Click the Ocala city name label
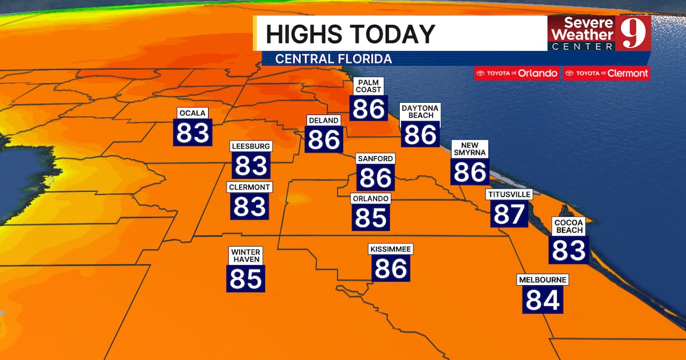[192, 113]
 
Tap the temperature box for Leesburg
[251, 166]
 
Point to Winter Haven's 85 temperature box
[246, 278]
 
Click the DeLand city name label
[324, 121]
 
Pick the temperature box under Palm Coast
[368, 108]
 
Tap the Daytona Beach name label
[420, 111]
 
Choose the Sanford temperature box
[375, 178]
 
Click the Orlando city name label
[371, 199]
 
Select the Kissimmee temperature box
[391, 268]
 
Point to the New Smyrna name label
[470, 149]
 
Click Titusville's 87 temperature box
[509, 214]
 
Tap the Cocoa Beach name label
[569, 226]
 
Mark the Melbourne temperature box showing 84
[543, 300]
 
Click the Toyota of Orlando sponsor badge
[517, 73]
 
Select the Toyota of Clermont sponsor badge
[606, 73]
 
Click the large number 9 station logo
[632, 34]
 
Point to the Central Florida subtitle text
[333, 59]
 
